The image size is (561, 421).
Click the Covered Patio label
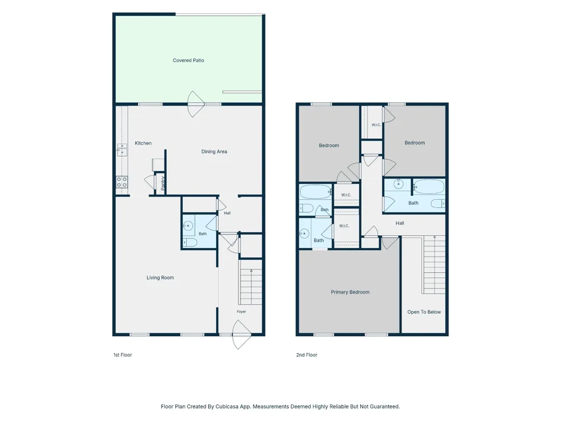point(188,61)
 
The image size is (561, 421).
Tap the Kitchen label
point(143,143)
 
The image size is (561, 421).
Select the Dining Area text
point(214,152)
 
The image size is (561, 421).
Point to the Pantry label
point(163,183)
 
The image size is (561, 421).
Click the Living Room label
point(160,277)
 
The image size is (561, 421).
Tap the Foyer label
point(241,312)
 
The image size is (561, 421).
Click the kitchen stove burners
point(122,182)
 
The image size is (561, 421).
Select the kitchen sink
point(122,150)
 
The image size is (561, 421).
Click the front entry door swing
point(241,335)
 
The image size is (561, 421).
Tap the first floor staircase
point(250,286)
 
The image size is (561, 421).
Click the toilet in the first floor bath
point(190,242)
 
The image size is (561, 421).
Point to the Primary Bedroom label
point(350,292)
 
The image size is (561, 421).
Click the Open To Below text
point(424,312)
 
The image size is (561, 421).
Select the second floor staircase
point(434,265)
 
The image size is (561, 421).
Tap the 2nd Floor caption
point(307,355)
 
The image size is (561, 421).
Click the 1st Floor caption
point(122,355)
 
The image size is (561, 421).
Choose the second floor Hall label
point(399,223)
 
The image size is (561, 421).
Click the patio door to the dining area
point(195,104)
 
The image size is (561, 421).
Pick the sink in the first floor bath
point(188,226)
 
